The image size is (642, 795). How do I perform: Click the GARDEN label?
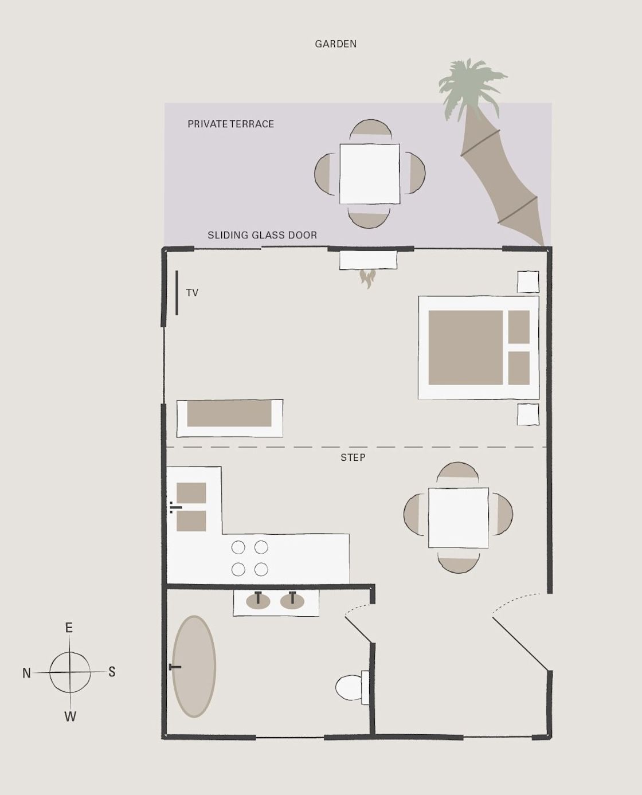click(335, 44)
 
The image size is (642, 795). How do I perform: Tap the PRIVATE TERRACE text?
click(230, 124)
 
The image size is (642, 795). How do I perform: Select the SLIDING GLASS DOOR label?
click(262, 235)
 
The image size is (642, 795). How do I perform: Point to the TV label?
click(192, 293)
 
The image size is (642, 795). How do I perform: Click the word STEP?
click(353, 457)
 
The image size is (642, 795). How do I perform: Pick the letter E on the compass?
click(69, 628)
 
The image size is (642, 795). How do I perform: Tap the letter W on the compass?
click(70, 716)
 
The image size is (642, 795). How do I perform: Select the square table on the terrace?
click(370, 174)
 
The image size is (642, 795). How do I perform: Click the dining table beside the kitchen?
click(459, 518)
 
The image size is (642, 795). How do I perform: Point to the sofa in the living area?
click(229, 418)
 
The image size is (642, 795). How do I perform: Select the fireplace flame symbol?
click(367, 279)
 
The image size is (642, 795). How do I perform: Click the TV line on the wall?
click(177, 293)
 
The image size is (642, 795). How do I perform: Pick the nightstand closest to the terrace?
click(528, 282)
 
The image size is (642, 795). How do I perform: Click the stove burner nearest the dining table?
click(261, 547)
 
